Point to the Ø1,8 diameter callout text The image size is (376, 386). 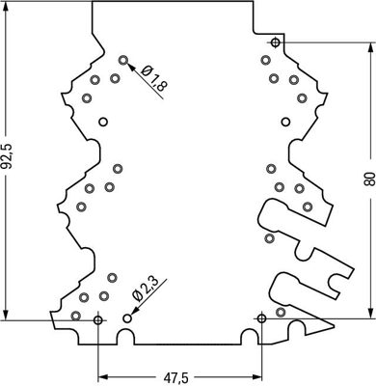[x=154, y=78]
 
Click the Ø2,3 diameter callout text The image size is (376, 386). [x=146, y=291]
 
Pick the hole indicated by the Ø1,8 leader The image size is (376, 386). [x=123, y=60]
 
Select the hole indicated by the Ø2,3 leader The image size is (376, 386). [x=127, y=317]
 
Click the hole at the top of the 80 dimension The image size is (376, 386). [x=276, y=43]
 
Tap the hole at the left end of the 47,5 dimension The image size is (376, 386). [x=98, y=318]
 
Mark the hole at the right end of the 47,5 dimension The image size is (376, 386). [x=260, y=317]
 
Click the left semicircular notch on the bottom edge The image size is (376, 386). [x=125, y=337]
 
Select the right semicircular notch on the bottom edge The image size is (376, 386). [x=248, y=337]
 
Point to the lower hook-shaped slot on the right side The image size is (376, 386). [x=309, y=288]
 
